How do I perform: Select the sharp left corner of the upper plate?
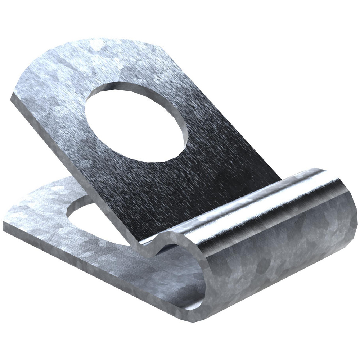(13, 94)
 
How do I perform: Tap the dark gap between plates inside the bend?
(173, 252)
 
